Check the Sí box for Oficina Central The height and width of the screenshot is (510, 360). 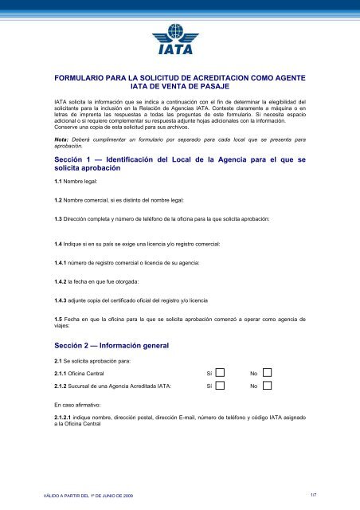click(x=221, y=372)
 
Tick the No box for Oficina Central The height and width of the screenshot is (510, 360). click(x=267, y=372)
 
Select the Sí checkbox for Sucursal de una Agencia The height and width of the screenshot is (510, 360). click(x=221, y=386)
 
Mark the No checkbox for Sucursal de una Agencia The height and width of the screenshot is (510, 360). click(x=267, y=386)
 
